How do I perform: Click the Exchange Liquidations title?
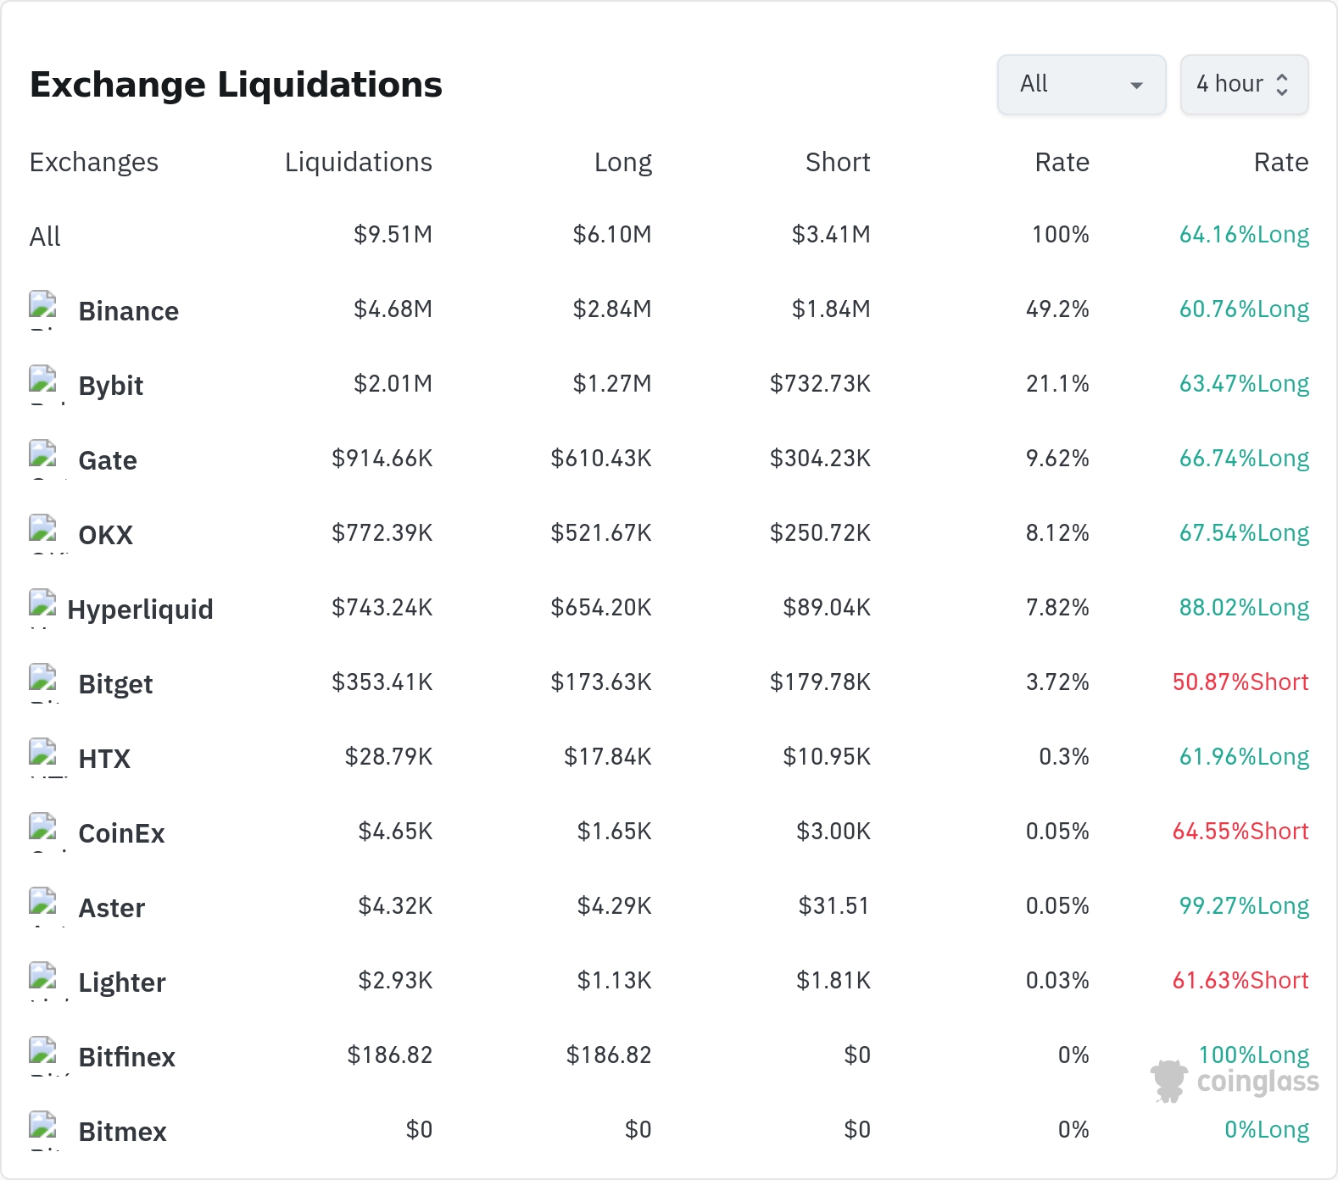point(236,85)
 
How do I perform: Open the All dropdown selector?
point(1081,85)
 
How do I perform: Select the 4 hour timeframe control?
point(1244,85)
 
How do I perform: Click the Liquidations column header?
point(359,162)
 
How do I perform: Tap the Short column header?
point(838,162)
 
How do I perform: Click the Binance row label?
point(129,311)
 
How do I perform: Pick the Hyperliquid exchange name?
point(141,609)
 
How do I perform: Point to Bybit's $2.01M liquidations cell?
point(393,384)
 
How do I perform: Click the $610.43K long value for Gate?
point(601,459)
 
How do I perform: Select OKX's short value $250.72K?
point(820,533)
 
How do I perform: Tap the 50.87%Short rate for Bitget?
point(1240,682)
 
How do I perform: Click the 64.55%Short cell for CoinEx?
point(1240,832)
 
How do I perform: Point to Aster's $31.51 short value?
point(834,906)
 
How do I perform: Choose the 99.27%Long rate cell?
point(1244,906)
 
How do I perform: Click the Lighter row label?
point(122,982)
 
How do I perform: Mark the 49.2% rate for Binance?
point(1057,309)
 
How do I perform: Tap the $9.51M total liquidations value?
point(393,235)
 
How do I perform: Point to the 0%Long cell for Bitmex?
point(1267,1130)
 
